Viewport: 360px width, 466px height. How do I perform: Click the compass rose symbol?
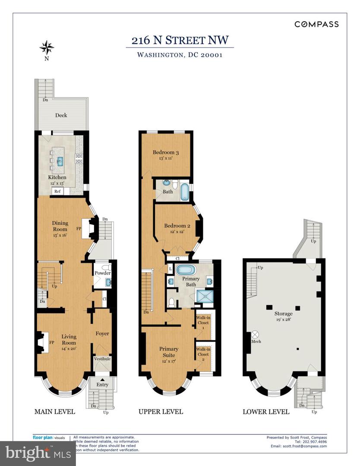pyautogui.click(x=47, y=46)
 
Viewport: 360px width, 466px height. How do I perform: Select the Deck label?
pyautogui.click(x=61, y=115)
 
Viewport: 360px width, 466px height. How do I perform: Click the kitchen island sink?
pyautogui.click(x=60, y=161)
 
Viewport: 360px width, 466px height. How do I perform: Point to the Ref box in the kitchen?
pyautogui.click(x=57, y=191)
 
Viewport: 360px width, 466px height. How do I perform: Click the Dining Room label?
pyautogui.click(x=60, y=226)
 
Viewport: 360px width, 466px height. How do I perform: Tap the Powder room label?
pyautogui.click(x=103, y=273)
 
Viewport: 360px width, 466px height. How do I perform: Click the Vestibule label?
pyautogui.click(x=102, y=359)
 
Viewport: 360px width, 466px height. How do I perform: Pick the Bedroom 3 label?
pyautogui.click(x=166, y=152)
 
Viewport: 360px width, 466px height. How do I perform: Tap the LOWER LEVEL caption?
pyautogui.click(x=266, y=412)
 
